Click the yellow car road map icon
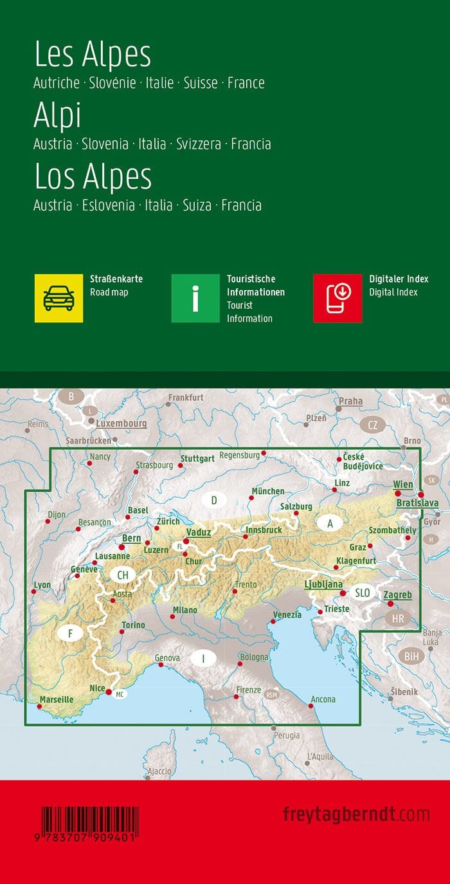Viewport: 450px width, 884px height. click(x=59, y=298)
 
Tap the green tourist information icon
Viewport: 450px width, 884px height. click(x=195, y=298)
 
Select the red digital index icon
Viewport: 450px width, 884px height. click(x=337, y=298)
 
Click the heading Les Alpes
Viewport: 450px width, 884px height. click(x=93, y=55)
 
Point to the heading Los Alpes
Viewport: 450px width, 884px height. click(x=93, y=177)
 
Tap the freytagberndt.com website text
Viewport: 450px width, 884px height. click(x=356, y=815)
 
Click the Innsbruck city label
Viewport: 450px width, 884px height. click(x=263, y=530)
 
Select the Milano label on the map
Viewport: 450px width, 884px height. click(x=184, y=610)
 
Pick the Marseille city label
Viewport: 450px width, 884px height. click(x=57, y=699)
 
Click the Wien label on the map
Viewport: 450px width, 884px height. click(x=403, y=484)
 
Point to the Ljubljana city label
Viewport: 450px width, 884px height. click(x=323, y=584)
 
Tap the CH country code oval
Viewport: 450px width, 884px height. click(x=122, y=575)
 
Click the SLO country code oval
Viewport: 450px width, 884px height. click(x=363, y=593)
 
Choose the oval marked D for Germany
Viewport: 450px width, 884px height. click(x=214, y=500)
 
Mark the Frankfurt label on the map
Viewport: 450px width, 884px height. click(x=186, y=398)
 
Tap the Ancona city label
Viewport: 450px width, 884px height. click(x=323, y=699)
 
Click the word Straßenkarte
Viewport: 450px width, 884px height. click(x=116, y=279)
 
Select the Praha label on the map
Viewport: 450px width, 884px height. click(x=351, y=401)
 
